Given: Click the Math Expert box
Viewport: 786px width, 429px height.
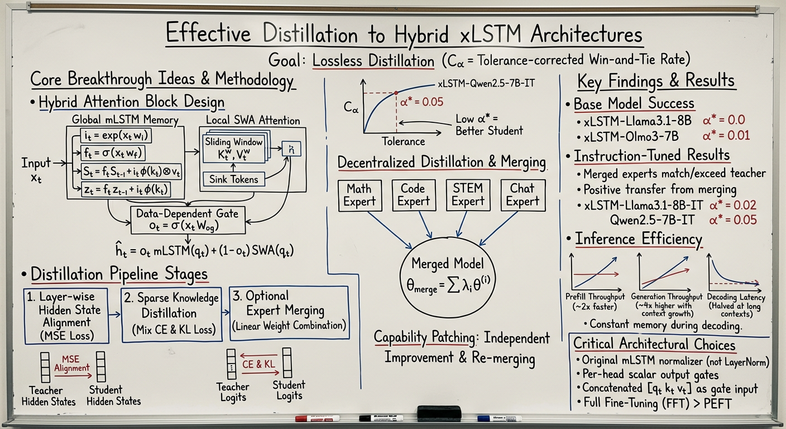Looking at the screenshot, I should pyautogui.click(x=359, y=195).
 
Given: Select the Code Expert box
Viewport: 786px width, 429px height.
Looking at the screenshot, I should pyautogui.click(x=413, y=195).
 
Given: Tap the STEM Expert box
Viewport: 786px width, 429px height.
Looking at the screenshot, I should pyautogui.click(x=468, y=195).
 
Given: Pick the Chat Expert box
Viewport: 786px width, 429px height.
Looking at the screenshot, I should pyautogui.click(x=523, y=195).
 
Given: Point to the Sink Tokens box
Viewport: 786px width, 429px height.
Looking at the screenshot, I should pyautogui.click(x=233, y=179).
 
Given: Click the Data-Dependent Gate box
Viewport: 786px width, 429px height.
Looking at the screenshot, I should pyautogui.click(x=187, y=220).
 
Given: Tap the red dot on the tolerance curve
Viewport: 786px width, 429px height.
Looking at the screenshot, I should pyautogui.click(x=396, y=93).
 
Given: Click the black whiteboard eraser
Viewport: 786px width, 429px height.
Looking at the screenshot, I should pyautogui.click(x=439, y=413).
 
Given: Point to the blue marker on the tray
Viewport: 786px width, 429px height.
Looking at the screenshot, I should pyautogui.click(x=499, y=418).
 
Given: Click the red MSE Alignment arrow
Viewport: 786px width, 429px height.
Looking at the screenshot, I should pyautogui.click(x=72, y=374).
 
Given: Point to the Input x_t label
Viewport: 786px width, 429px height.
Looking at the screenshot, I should pyautogui.click(x=36, y=169).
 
